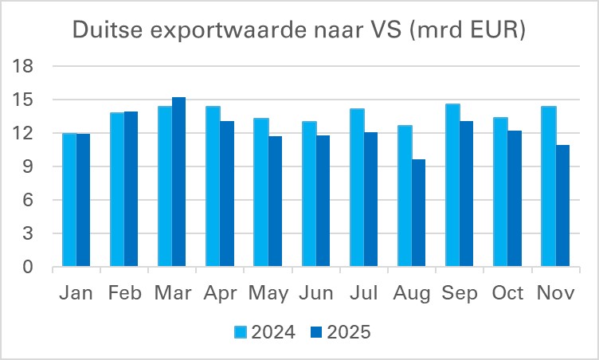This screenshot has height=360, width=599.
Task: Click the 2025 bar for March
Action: point(179,182)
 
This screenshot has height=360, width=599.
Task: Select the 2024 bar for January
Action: point(69,200)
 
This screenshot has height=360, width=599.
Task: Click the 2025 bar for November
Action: point(562,206)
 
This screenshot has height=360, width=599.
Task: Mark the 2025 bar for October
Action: point(515,199)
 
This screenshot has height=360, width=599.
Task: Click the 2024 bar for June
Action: point(308,194)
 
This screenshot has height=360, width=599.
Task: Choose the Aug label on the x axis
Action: point(412,294)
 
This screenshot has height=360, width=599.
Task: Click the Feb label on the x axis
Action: point(124,294)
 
